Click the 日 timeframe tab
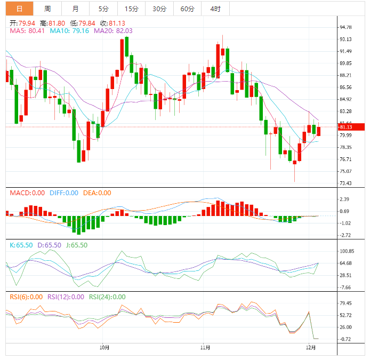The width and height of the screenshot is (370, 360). point(19,9)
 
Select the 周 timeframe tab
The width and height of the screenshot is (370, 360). point(47,9)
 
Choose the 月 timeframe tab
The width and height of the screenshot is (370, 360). point(75,9)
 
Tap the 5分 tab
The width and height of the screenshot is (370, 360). point(103,9)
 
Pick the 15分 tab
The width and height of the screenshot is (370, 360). point(131,9)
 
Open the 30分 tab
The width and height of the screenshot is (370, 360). point(159,9)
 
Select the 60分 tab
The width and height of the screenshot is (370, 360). point(187,9)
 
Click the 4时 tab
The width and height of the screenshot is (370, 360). point(215,9)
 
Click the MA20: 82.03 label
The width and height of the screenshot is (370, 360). point(113,31)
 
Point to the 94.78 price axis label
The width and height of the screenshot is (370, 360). point(345,27)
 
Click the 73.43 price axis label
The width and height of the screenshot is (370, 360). point(345,183)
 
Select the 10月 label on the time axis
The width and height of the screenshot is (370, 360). point(105,347)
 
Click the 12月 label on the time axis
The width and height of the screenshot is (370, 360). point(311,347)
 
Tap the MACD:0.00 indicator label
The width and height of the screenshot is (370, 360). point(27,193)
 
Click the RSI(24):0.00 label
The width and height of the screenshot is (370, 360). point(107,297)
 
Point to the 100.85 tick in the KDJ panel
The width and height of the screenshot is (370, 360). point(347,251)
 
